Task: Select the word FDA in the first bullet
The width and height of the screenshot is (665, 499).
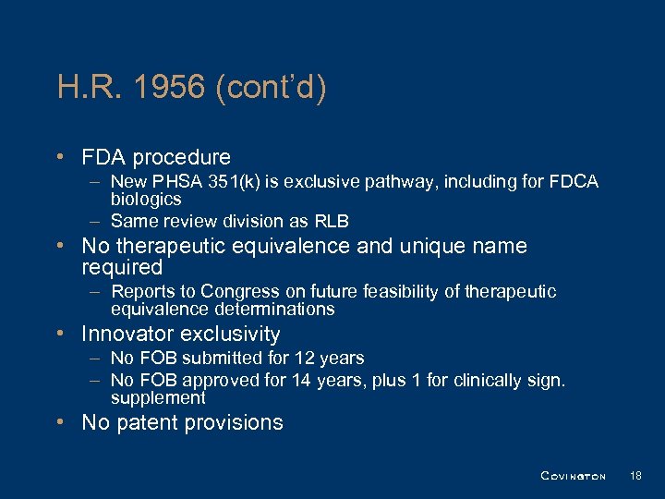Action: (x=105, y=158)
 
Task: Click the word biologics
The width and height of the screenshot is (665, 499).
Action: (x=146, y=199)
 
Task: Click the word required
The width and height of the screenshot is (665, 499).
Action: (x=122, y=268)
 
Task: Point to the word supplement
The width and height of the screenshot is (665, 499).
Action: (x=158, y=397)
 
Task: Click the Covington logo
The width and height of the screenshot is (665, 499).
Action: (x=573, y=476)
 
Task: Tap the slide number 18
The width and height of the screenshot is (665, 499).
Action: (x=635, y=476)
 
